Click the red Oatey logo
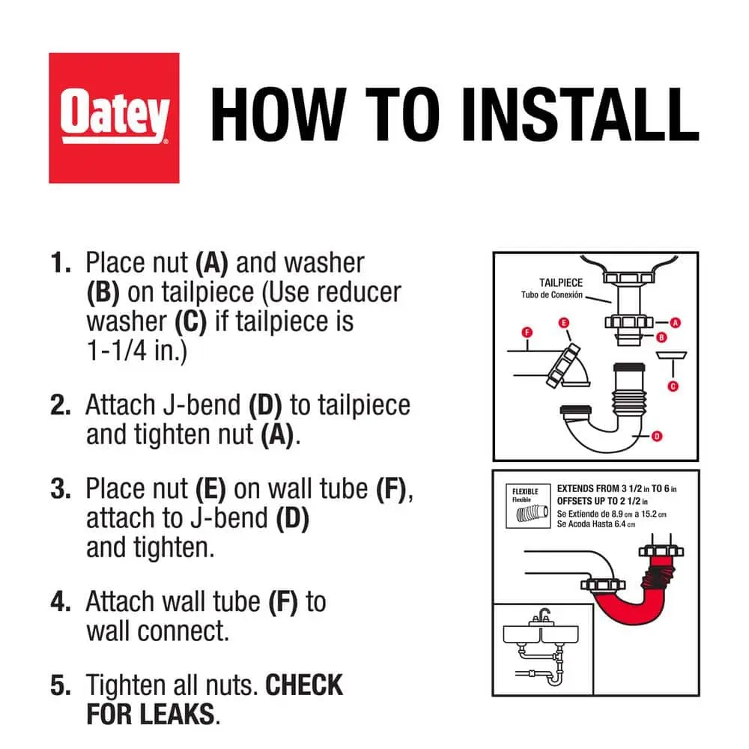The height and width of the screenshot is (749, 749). click(114, 118)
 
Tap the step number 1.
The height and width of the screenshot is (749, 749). click(60, 263)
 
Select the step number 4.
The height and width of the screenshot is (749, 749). click(60, 601)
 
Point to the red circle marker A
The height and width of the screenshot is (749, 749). click(675, 323)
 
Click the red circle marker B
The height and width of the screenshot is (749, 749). click(661, 337)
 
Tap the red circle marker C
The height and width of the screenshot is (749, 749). click(673, 386)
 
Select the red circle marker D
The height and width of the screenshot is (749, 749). click(657, 436)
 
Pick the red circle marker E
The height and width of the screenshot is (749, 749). click(564, 323)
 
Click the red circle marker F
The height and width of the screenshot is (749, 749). click(527, 332)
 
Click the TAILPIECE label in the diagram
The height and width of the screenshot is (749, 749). click(561, 283)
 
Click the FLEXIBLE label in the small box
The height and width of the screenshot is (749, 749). click(525, 491)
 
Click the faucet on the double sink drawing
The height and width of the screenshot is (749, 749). click(542, 616)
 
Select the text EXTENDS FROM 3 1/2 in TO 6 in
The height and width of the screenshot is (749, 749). click(616, 488)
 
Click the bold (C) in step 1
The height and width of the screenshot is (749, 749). click(190, 322)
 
